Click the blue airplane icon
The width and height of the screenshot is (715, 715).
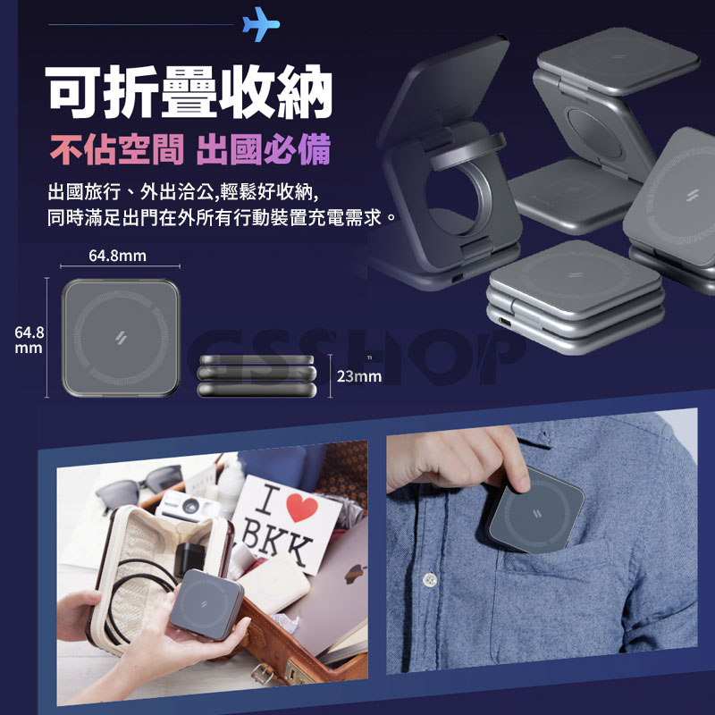tap(261, 24)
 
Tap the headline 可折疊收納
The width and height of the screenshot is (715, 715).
tap(189, 92)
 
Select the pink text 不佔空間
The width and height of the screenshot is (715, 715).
tap(117, 149)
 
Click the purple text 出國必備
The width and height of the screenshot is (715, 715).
tap(263, 149)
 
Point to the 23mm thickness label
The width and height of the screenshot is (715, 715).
tap(359, 376)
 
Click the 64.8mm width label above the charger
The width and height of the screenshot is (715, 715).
tap(117, 256)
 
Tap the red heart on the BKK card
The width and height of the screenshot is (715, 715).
tap(301, 508)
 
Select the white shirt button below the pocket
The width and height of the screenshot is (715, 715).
tap(429, 579)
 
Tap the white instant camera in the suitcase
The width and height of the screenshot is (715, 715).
tap(187, 508)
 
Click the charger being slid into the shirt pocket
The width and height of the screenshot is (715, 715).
tap(534, 510)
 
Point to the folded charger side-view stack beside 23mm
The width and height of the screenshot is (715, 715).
tap(257, 375)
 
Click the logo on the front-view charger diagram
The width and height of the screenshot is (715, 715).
tap(121, 338)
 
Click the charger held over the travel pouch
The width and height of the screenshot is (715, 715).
tap(206, 604)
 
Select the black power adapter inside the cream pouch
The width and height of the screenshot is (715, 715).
tap(189, 559)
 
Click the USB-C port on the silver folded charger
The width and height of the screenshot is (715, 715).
tap(505, 322)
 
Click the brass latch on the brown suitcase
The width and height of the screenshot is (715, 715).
tap(263, 675)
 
